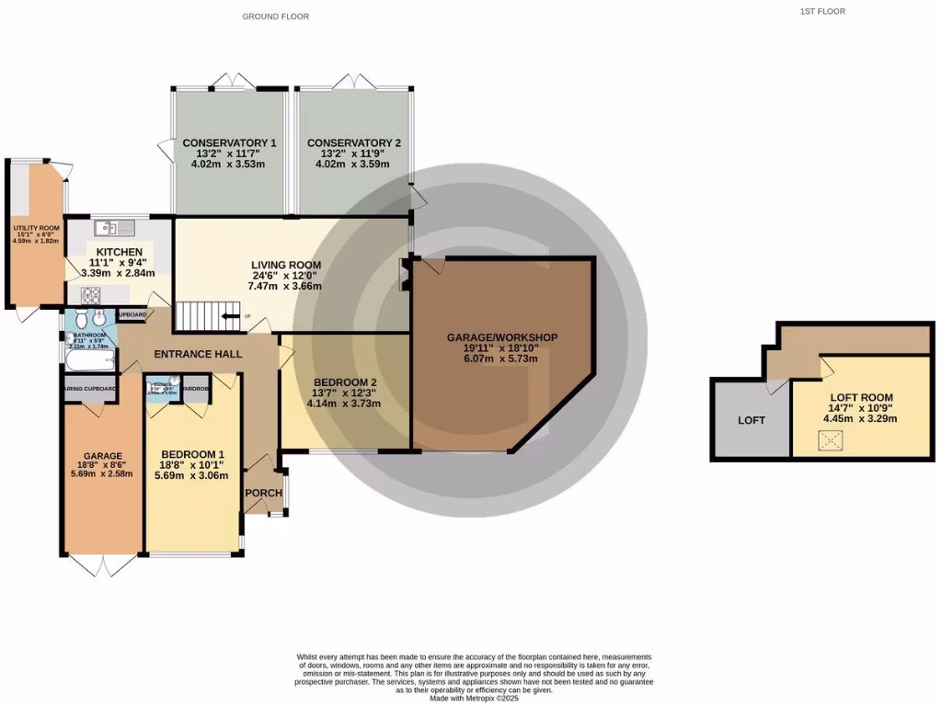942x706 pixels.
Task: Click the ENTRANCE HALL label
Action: (197, 354)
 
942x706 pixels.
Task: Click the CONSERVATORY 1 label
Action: (229, 142)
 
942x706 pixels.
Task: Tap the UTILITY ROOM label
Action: (35, 227)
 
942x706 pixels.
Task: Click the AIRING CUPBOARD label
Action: (89, 389)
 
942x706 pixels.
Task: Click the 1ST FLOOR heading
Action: (821, 12)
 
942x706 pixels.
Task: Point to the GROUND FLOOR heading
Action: (275, 17)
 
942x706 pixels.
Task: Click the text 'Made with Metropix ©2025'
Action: (474, 699)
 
